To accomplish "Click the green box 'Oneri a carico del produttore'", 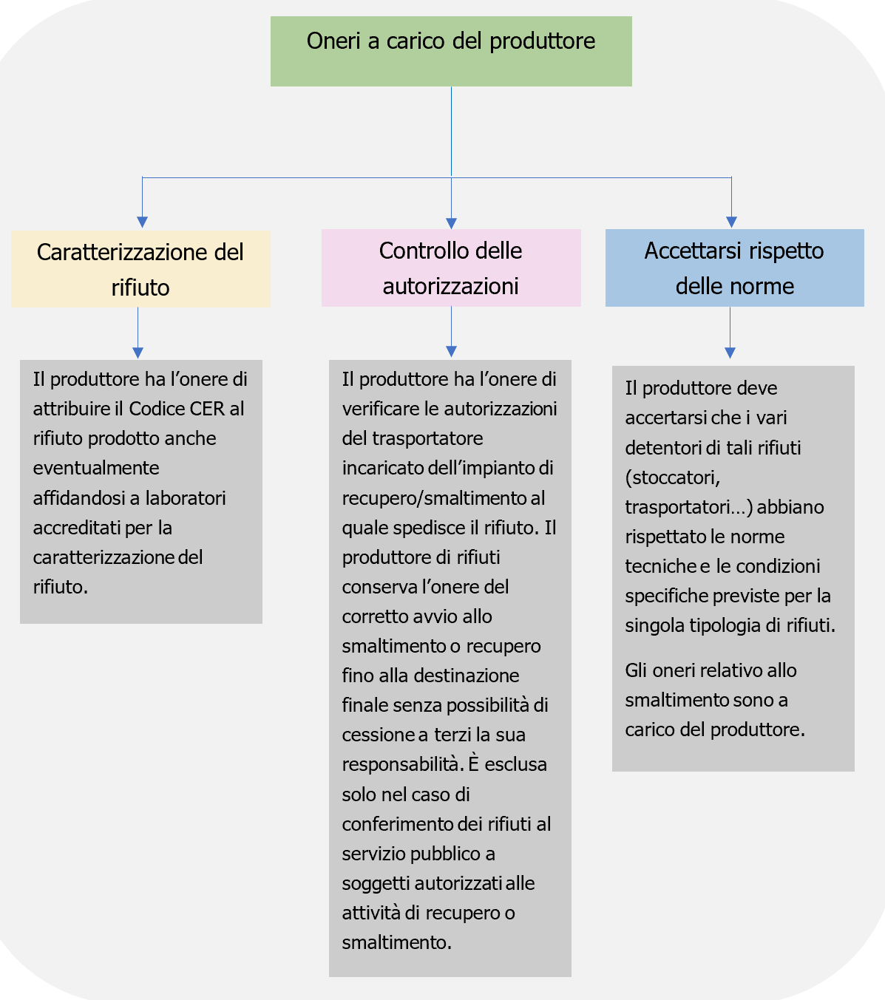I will tap(451, 52).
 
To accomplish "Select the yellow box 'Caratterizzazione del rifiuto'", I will tap(140, 269).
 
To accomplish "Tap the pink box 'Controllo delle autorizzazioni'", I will tap(451, 268).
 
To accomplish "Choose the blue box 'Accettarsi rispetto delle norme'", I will tap(734, 268).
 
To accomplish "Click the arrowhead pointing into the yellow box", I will tap(143, 222).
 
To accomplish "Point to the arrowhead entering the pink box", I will tap(452, 223).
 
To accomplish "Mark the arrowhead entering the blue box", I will tap(731, 222).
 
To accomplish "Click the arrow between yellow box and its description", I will tap(138, 333).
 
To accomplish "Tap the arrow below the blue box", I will tap(730, 333).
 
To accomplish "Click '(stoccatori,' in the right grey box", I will tap(672, 477).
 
